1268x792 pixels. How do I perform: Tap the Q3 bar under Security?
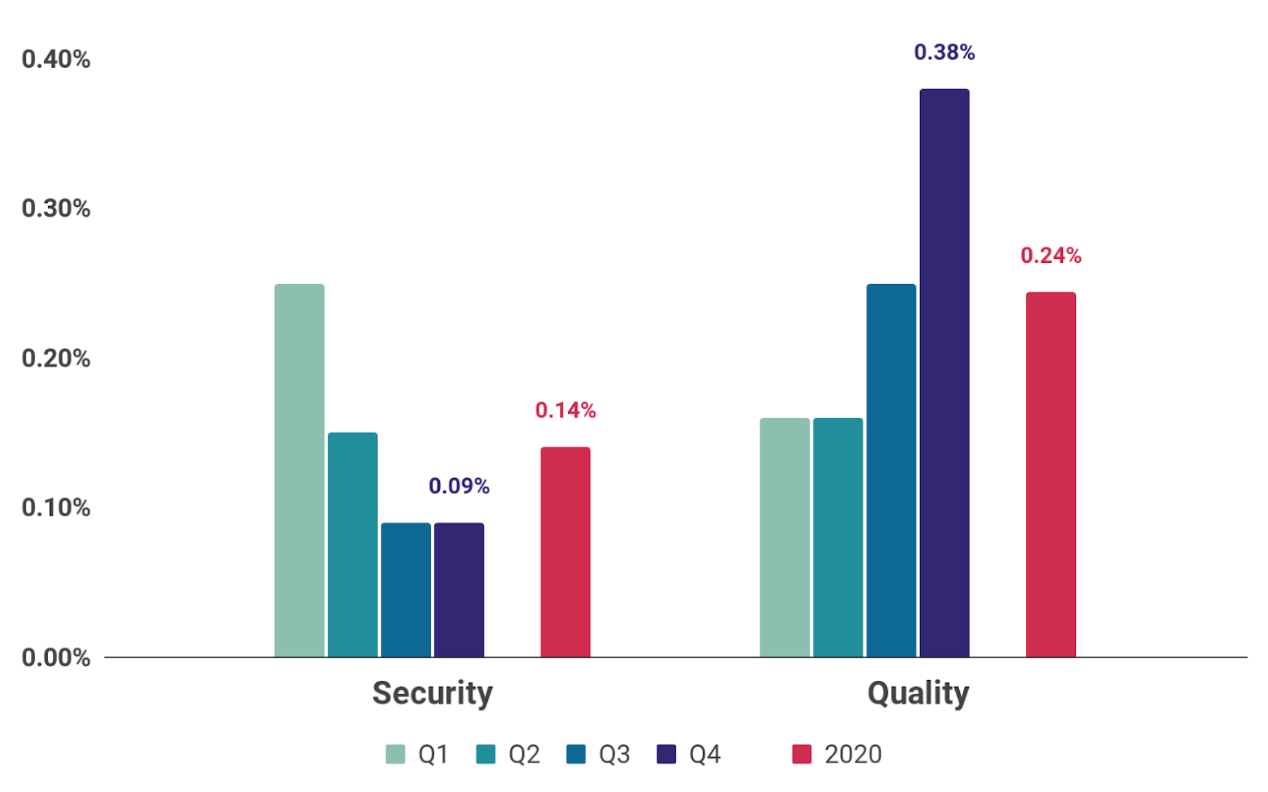coord(406,590)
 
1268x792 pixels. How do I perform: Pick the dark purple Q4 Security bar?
coord(459,590)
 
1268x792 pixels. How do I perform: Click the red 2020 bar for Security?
coord(565,552)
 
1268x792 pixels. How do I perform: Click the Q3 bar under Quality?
coord(891,470)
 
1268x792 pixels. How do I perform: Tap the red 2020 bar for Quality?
coord(1050,474)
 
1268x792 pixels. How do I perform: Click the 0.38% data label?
coord(944,52)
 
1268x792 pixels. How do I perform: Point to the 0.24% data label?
coord(1050,255)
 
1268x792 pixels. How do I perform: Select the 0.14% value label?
coord(565,410)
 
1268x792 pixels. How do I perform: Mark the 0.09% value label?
coord(459,486)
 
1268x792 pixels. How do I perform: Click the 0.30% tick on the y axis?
coord(56,208)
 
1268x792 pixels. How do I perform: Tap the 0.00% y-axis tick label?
coord(56,657)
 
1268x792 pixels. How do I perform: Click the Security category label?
coord(432,693)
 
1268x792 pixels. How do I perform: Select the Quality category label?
coord(918,693)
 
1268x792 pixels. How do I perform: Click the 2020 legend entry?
coord(837,754)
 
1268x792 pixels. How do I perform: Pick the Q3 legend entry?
coord(598,754)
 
